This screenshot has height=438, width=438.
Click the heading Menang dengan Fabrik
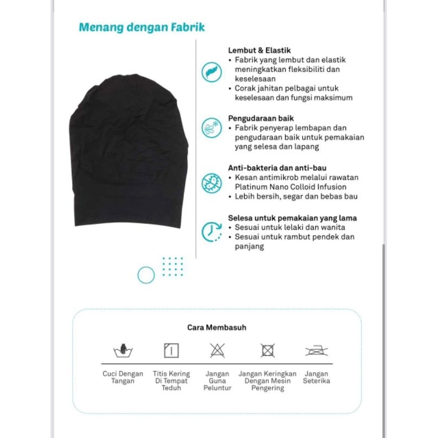(142, 27)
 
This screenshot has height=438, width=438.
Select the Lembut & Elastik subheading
(259, 50)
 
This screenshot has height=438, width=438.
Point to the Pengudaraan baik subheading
(261, 118)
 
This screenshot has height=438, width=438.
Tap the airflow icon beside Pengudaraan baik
(211, 128)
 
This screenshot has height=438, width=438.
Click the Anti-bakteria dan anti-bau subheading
(282, 168)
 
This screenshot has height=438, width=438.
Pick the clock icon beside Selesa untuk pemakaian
(211, 232)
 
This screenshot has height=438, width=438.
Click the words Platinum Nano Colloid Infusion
(291, 187)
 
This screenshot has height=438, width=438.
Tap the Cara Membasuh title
(217, 327)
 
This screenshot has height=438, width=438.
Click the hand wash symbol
(123, 350)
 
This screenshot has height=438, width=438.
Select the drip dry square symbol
(171, 350)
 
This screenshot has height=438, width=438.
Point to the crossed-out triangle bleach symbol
(217, 350)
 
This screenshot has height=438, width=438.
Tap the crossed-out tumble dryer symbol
(268, 350)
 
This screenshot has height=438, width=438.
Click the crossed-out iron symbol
(316, 350)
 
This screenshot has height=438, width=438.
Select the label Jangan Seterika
(316, 377)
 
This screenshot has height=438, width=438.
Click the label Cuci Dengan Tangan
(123, 377)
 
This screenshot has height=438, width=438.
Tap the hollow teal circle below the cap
(146, 275)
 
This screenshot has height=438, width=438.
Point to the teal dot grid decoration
(173, 266)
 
